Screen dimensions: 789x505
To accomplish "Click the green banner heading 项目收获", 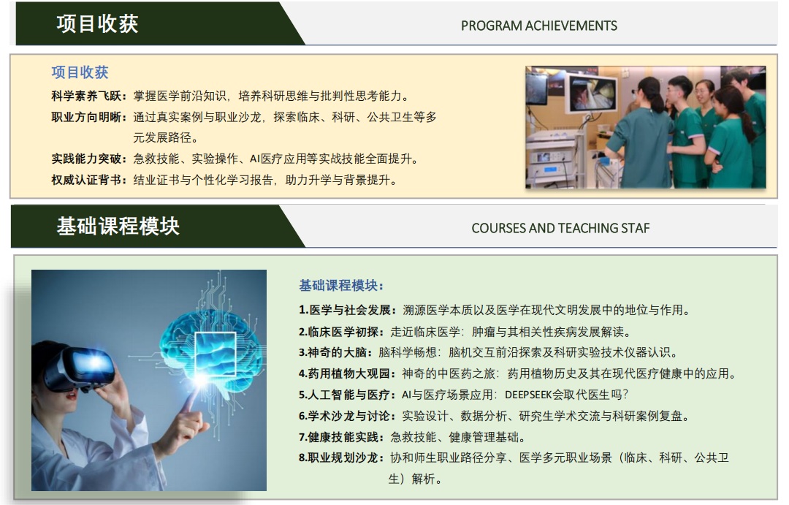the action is coord(97,24).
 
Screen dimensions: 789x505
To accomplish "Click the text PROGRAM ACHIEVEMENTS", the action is coord(539,26).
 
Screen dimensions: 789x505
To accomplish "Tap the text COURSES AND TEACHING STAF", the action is coord(560,228).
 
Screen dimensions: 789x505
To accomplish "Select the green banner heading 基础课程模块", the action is coord(118,226).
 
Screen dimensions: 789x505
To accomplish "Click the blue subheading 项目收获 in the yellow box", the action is coord(80,72).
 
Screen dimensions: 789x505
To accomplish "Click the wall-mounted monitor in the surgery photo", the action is coord(592,93).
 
